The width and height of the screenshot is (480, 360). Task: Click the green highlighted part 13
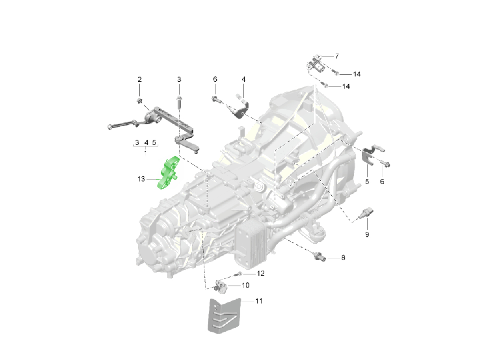click(168, 173)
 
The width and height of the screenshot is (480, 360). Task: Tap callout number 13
click(141, 179)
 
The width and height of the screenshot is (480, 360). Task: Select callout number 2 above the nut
click(140, 79)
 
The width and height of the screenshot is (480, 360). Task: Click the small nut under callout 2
click(139, 101)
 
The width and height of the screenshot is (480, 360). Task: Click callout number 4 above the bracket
click(243, 79)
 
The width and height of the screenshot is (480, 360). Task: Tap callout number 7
click(337, 56)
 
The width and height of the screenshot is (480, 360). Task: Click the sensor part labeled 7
click(315, 64)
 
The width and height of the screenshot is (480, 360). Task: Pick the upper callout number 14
click(357, 74)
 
